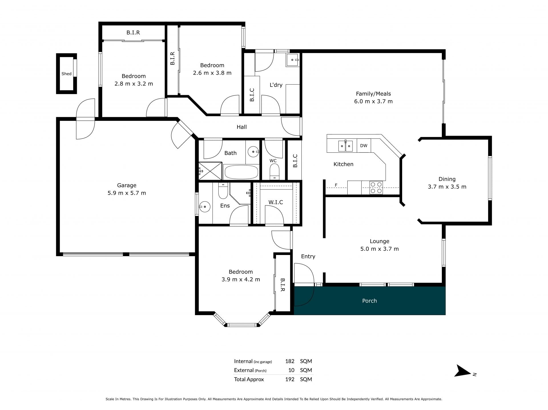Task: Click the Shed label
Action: (67, 74)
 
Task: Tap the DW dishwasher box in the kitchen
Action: (364, 146)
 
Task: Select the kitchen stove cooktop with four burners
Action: (376, 188)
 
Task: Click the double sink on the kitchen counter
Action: (345, 146)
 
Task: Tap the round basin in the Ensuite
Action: (205, 207)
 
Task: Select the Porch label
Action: (369, 301)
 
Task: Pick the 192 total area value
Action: (290, 379)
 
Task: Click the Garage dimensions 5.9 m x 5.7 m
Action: (127, 193)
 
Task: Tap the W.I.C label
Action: (276, 202)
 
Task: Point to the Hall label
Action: (242, 127)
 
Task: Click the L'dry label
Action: (276, 85)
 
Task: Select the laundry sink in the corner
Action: (293, 60)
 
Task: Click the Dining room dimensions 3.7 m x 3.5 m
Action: (447, 187)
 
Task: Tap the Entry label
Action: (308, 256)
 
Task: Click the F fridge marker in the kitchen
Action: (336, 185)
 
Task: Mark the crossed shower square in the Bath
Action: (210, 171)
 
